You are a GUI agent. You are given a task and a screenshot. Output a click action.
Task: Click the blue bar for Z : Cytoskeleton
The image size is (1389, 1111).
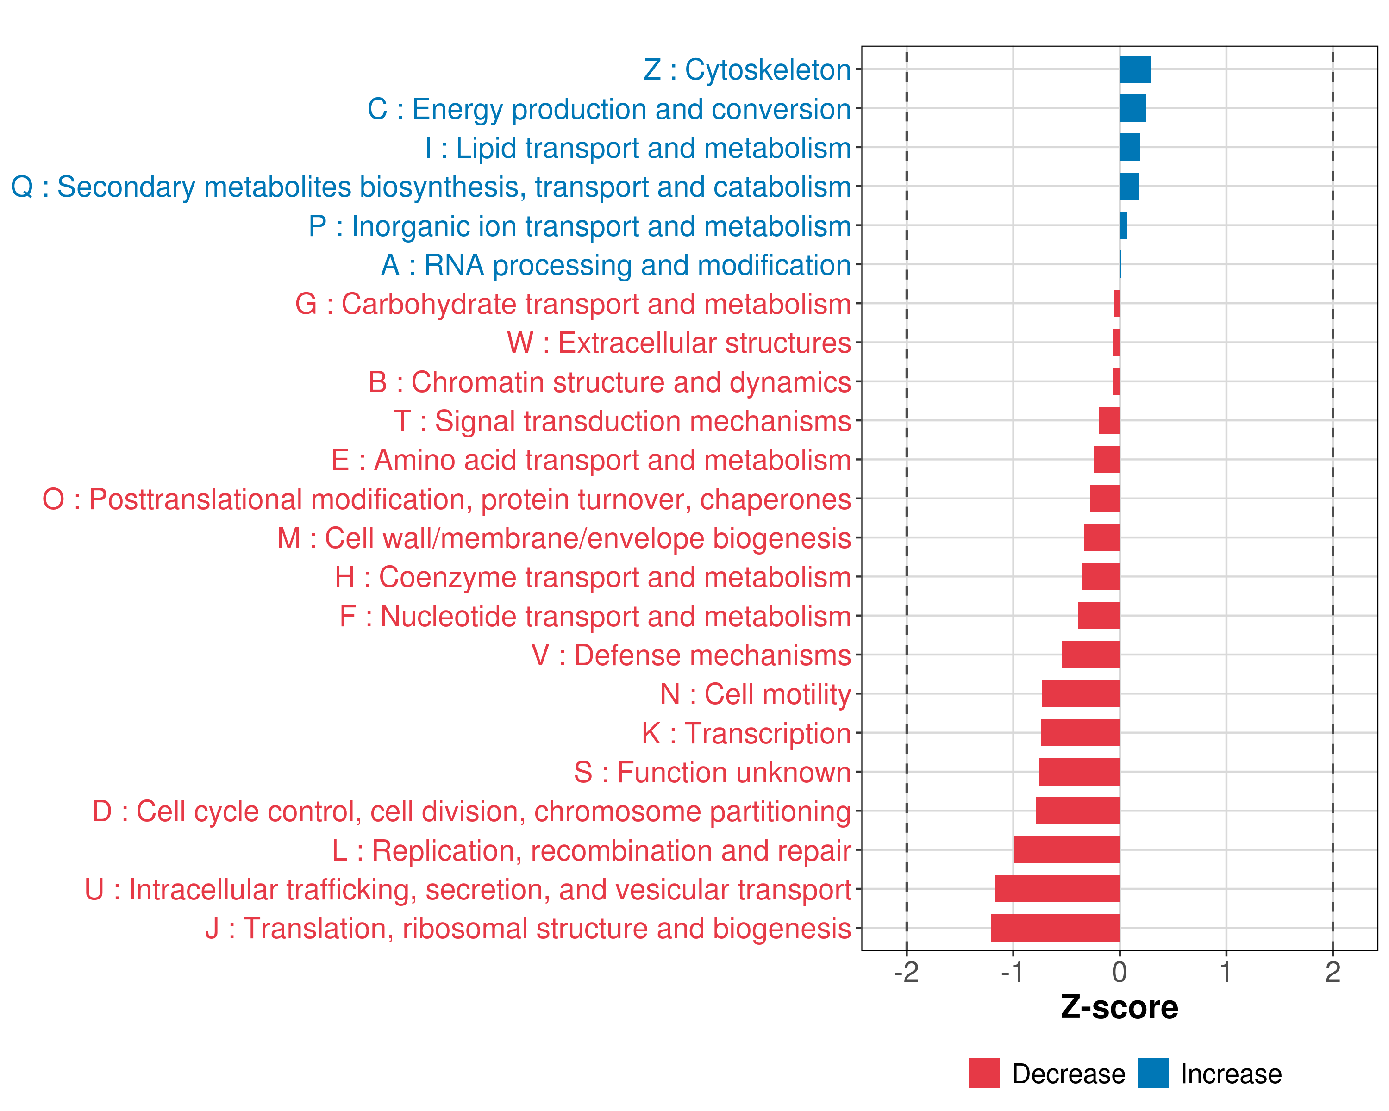(x=1135, y=69)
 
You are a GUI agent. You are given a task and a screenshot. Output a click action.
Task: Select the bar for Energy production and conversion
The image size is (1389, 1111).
(x=1132, y=108)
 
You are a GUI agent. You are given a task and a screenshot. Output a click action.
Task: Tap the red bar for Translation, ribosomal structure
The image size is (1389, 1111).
(x=1055, y=928)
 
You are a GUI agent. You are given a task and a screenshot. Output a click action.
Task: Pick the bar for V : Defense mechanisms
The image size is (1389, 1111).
(x=1091, y=655)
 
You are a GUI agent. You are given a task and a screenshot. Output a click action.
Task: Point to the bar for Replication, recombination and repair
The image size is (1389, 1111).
(x=1067, y=850)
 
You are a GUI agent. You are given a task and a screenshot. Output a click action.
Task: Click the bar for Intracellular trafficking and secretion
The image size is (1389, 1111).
(x=1057, y=889)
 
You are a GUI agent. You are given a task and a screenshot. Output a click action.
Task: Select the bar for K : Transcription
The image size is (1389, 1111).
(x=1080, y=733)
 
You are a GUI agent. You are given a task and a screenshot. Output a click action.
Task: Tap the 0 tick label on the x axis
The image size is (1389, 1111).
(x=1120, y=973)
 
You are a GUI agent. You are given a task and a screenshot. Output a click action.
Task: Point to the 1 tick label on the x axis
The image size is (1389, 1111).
(x=1226, y=973)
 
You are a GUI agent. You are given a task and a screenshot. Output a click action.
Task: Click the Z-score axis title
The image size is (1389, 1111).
(x=1120, y=1007)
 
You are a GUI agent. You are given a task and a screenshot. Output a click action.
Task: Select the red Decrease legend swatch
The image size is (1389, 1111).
(x=984, y=1073)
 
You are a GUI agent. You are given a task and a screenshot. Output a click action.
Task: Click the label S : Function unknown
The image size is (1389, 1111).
(x=713, y=772)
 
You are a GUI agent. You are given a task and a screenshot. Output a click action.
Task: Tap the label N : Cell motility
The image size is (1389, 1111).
(x=756, y=694)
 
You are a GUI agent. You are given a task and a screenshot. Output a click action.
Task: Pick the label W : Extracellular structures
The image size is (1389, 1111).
(x=679, y=343)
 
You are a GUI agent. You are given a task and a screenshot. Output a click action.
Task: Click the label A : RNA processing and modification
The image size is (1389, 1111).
(x=616, y=265)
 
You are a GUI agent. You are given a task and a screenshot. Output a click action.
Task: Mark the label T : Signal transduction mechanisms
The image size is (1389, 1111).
(x=622, y=421)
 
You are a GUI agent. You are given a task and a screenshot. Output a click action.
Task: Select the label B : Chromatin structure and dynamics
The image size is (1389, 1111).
(x=609, y=382)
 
